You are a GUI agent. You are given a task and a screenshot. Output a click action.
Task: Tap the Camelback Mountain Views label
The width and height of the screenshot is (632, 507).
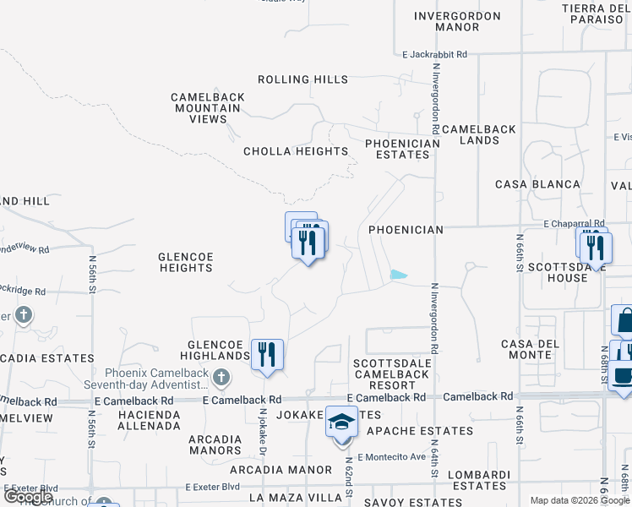point(208,108)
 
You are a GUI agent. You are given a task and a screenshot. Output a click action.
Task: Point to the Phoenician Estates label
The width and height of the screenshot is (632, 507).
point(403,149)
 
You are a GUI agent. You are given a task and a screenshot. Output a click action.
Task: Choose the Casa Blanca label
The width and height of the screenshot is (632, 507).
point(537,184)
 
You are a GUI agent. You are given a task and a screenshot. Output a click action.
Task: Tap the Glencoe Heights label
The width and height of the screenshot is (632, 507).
point(186,261)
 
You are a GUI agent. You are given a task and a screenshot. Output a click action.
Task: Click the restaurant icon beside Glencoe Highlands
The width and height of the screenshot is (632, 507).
point(267,355)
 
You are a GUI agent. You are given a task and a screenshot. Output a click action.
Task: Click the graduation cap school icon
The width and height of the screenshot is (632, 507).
point(342,422)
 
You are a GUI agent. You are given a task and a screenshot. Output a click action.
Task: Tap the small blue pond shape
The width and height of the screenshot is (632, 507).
point(398,274)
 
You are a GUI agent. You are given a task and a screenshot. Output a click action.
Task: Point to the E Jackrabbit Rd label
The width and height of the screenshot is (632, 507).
point(434,54)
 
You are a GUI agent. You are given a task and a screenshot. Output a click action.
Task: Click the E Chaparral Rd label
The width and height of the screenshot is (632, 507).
point(575,223)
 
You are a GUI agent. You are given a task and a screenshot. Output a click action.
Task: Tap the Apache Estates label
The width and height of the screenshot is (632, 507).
point(421,431)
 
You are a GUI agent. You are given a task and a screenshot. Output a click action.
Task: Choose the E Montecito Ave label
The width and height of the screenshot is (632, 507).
point(392,457)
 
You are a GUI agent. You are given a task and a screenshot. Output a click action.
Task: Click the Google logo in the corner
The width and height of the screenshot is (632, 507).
point(28,497)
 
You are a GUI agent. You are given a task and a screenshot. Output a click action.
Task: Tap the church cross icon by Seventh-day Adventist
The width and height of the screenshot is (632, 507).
point(221,377)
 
